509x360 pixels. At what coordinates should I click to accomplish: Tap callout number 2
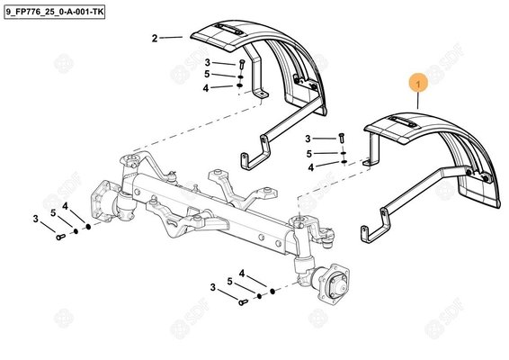pos(155,38)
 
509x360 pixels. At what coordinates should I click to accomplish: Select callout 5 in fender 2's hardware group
pos(206,74)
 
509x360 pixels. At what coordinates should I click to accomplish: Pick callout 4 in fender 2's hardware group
pos(206,87)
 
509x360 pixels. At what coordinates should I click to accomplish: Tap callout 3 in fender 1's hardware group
pos(308,139)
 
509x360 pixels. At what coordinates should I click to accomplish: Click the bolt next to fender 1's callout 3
pos(343,139)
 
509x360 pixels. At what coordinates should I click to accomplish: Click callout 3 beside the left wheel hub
pos(36,218)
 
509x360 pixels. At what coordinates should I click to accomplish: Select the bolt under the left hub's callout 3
pos(58,237)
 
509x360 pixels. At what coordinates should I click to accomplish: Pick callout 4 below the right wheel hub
pos(242,274)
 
